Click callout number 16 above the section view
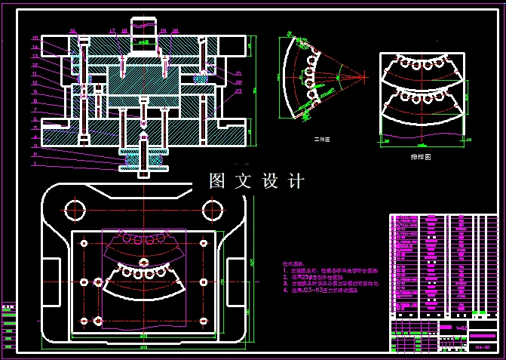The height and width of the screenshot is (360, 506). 72,31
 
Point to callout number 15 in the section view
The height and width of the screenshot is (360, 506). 35,38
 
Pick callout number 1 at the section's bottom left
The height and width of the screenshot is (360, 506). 35,163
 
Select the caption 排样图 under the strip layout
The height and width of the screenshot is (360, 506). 421,157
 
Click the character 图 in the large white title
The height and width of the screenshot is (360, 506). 217,181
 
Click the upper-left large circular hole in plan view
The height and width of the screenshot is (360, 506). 75,209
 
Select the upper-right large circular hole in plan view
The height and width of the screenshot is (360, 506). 209,209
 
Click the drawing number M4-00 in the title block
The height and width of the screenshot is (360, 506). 483,347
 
